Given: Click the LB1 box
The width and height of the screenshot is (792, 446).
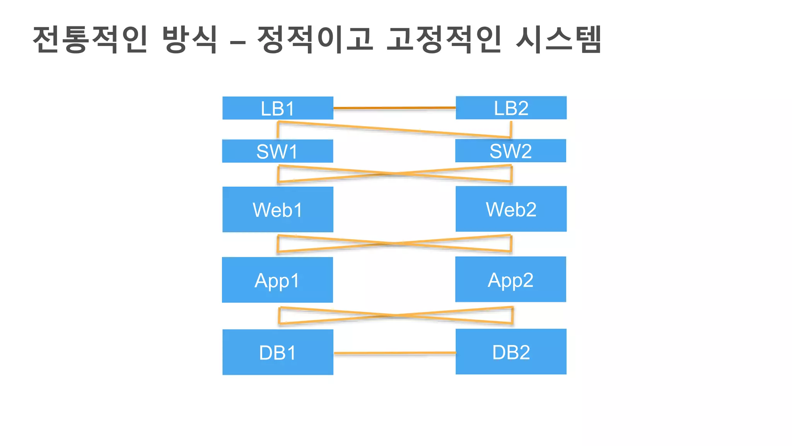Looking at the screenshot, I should tap(278, 108).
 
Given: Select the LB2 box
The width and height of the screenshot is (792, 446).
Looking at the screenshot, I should tap(511, 108).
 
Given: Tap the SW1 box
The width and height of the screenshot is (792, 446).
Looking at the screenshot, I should tap(277, 151).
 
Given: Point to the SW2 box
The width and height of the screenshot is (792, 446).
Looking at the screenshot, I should tap(510, 151).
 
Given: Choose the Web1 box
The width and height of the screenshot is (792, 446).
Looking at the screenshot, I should tap(278, 209).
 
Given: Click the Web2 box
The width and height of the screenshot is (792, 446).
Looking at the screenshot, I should tap(511, 209).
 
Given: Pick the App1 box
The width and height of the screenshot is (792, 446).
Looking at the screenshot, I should tap(277, 280).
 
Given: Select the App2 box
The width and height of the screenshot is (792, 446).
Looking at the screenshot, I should tap(510, 279).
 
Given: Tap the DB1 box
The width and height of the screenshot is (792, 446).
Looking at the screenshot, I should tap(278, 352).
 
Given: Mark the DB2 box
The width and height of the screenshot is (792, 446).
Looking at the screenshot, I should tap(511, 352).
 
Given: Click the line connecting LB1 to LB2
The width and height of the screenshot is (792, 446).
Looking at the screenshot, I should tap(394, 108).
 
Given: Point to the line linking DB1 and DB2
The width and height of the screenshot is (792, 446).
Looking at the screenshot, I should tap(394, 353).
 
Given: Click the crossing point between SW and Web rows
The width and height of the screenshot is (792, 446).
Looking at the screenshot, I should tap(395, 173).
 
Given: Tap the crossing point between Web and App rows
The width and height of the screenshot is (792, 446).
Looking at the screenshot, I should tap(394, 244).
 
